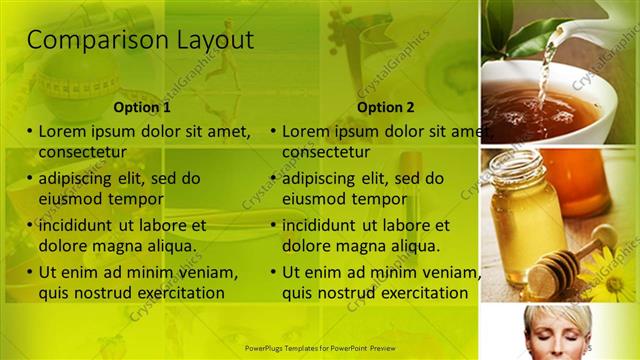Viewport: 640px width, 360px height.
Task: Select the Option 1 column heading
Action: pos(142,107)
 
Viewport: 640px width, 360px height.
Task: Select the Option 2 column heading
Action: pos(385,107)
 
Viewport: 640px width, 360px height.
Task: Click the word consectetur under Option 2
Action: pos(326,152)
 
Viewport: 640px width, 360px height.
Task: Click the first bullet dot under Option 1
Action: pos(30,132)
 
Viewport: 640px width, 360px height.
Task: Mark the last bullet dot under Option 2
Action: pos(273,273)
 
